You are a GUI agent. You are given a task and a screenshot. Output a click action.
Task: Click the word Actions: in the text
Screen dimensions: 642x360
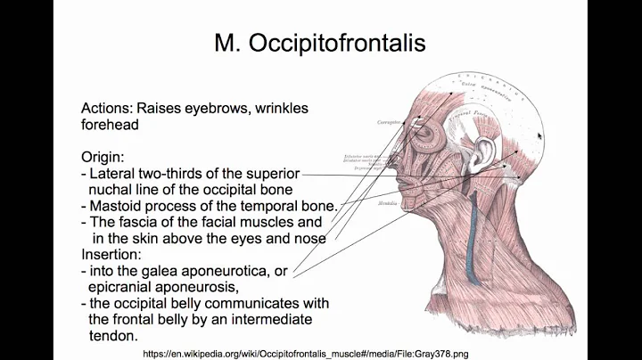110,109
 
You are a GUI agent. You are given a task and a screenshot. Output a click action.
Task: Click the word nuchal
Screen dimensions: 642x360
116,189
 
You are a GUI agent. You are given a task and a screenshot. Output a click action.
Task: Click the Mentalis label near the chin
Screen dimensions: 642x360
363,203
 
